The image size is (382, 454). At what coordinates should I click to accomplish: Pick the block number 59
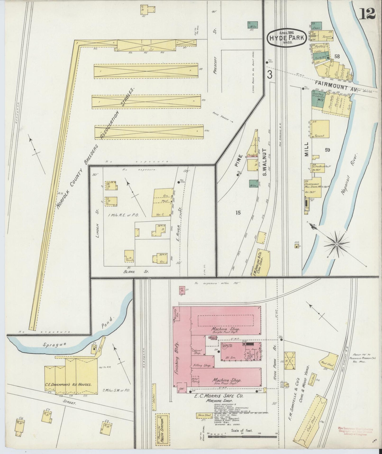(328, 150)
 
